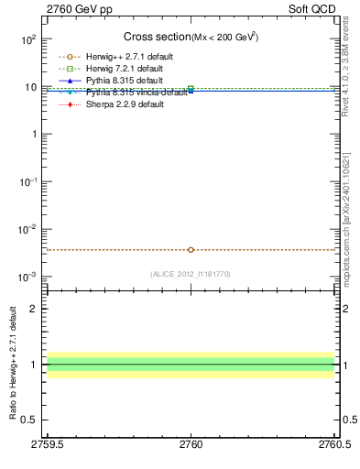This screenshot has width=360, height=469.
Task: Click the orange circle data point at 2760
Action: point(191,249)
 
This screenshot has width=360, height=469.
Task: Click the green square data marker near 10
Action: point(191,89)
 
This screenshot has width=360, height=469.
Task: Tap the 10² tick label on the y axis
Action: point(28,39)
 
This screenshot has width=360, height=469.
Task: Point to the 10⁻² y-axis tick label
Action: point(27,229)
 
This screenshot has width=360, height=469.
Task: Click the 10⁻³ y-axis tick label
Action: point(27,277)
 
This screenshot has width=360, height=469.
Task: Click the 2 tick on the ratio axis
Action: point(35,309)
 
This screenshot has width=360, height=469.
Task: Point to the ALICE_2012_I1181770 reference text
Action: point(191,273)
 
